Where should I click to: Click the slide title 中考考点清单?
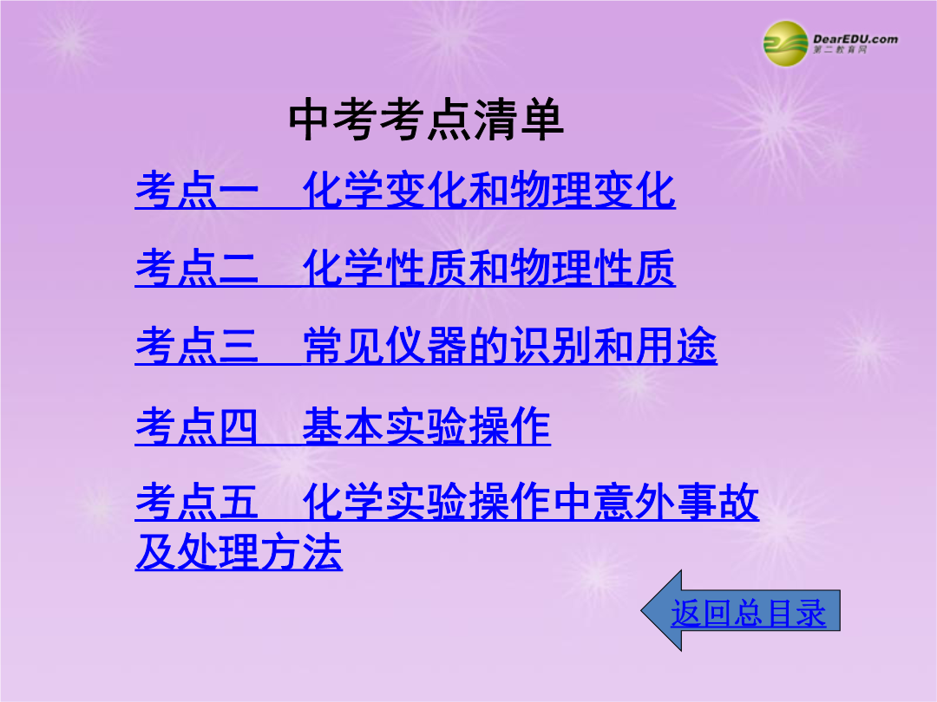tap(426, 120)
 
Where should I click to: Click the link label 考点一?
tap(197, 190)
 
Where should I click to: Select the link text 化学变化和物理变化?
tap(488, 190)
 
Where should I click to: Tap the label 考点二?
tap(197, 268)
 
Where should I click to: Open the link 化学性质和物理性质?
tap(488, 268)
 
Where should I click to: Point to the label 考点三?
tap(197, 346)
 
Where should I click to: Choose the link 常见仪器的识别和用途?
tap(510, 346)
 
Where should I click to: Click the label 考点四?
tap(197, 426)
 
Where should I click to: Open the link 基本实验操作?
tap(426, 426)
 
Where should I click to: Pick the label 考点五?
tap(197, 502)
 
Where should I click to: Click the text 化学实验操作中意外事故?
tap(531, 502)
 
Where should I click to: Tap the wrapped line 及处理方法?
tap(239, 552)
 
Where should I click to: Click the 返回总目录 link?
tap(748, 613)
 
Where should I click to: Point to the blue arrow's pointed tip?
tap(641, 611)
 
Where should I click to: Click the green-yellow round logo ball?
tap(785, 43)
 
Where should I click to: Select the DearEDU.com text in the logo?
tap(855, 39)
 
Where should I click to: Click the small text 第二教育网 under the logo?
tap(840, 50)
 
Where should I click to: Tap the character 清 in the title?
tap(496, 120)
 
